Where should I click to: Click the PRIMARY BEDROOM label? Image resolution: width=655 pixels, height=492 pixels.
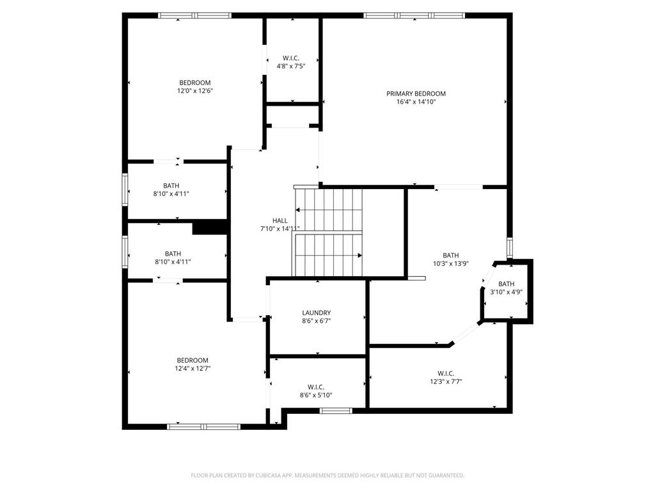point(416,94)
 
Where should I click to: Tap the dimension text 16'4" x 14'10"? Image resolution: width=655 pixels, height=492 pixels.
point(416,102)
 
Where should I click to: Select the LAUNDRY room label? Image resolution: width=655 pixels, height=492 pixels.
point(317,313)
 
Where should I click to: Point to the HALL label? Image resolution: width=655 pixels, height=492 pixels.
point(280,220)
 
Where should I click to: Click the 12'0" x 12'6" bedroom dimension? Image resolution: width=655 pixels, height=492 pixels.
point(194,91)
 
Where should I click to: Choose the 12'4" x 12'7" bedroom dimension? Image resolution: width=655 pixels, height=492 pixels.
point(193,368)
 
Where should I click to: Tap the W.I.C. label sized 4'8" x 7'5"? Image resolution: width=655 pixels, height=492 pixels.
point(291,58)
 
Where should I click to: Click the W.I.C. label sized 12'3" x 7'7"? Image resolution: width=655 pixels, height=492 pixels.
point(446,373)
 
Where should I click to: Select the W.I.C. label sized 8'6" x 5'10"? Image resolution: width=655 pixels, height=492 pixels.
point(316,387)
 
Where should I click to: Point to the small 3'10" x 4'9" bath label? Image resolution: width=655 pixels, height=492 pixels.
point(506,284)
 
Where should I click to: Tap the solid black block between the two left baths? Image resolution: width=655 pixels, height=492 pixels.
point(210,228)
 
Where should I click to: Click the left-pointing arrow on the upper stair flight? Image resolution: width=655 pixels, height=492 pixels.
point(298,209)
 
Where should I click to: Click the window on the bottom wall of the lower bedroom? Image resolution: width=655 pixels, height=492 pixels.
point(203,426)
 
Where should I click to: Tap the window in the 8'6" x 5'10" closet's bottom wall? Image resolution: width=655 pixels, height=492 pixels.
point(336,411)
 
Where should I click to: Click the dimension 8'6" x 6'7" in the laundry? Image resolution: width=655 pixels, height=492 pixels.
point(317,321)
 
